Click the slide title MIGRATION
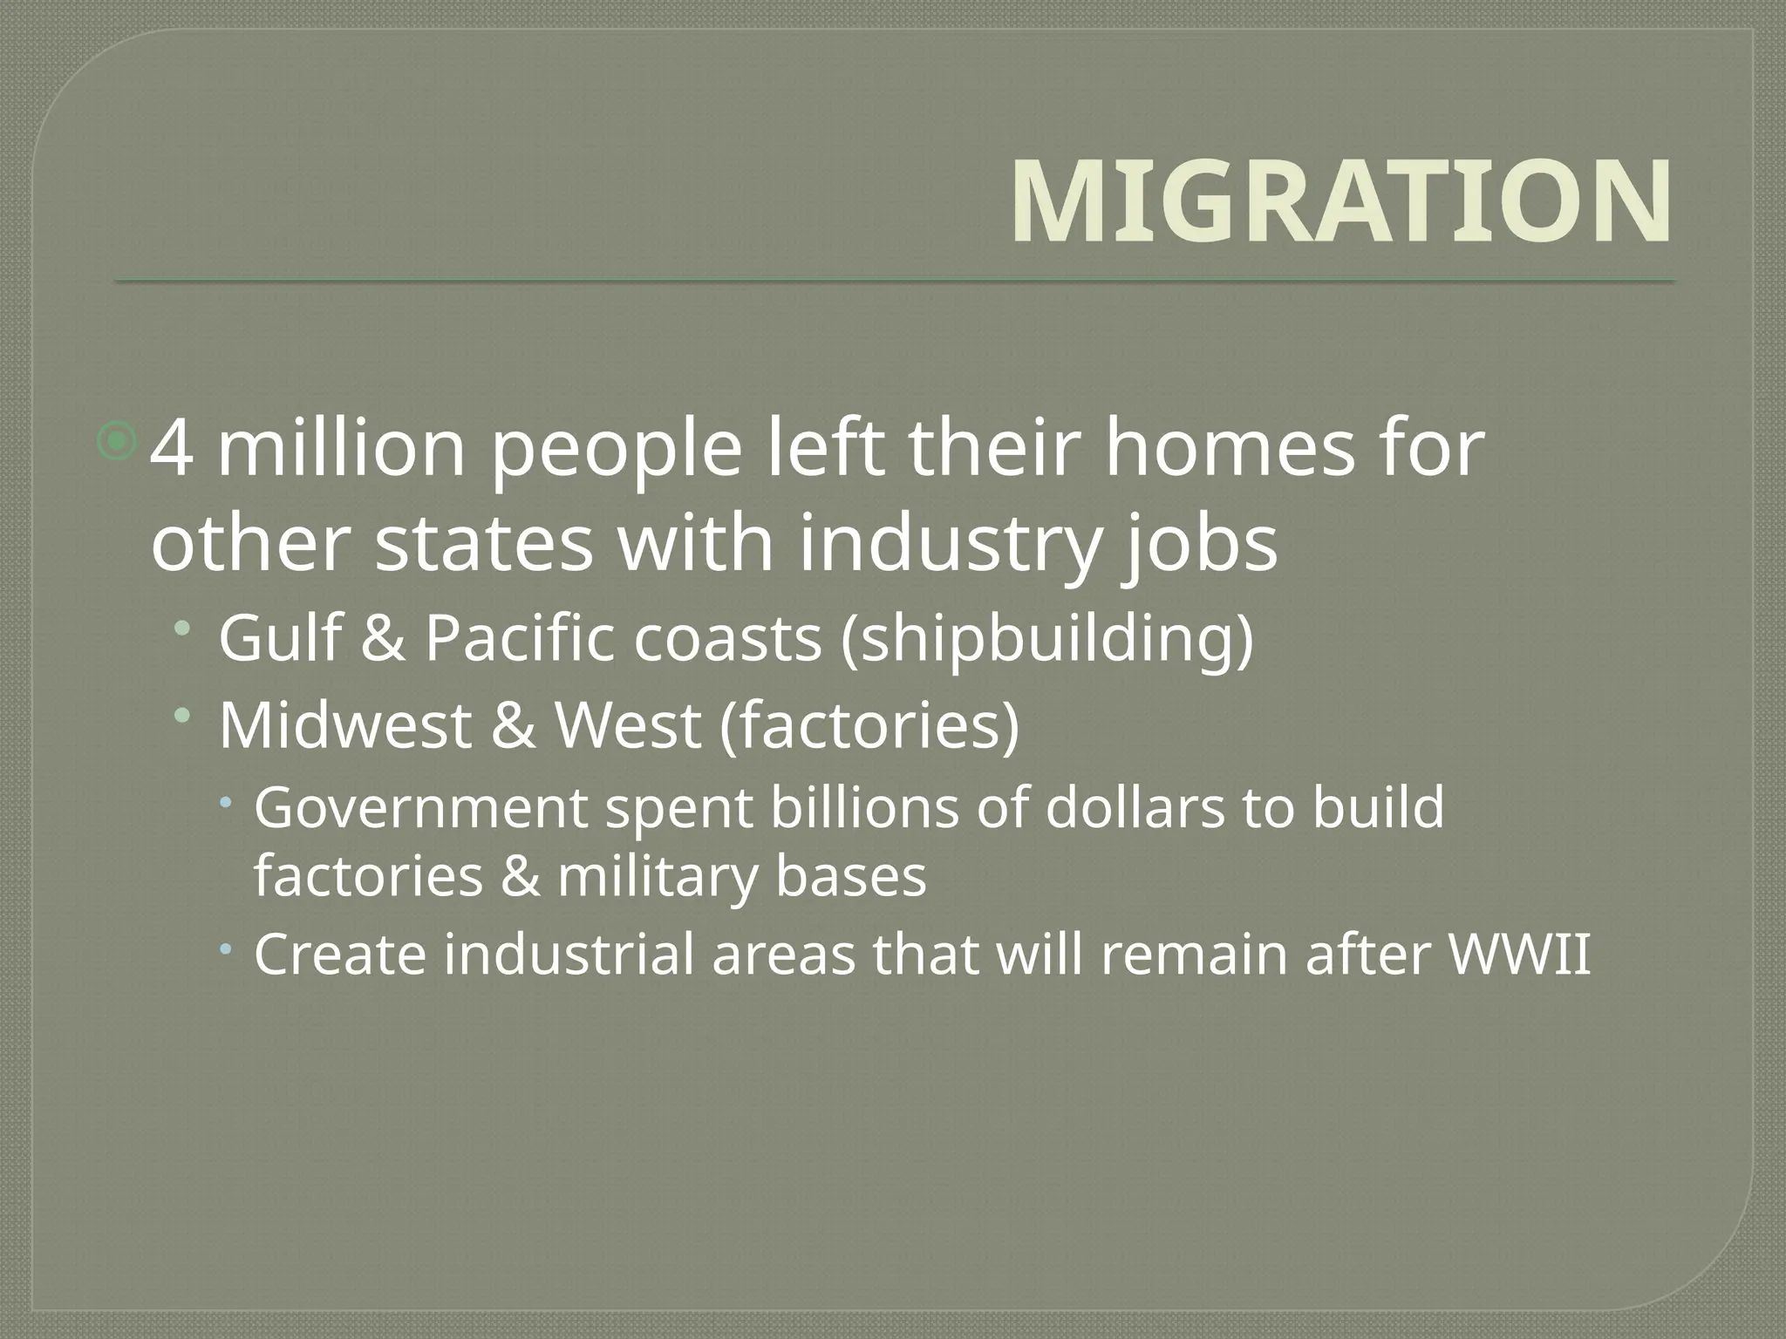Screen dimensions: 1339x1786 click(x=1341, y=202)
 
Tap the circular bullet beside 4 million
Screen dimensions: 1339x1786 click(x=116, y=442)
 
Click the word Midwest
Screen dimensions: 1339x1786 click(x=344, y=725)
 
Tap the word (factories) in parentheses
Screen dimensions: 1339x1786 click(x=869, y=727)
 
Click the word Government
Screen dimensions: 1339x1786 click(x=421, y=808)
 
